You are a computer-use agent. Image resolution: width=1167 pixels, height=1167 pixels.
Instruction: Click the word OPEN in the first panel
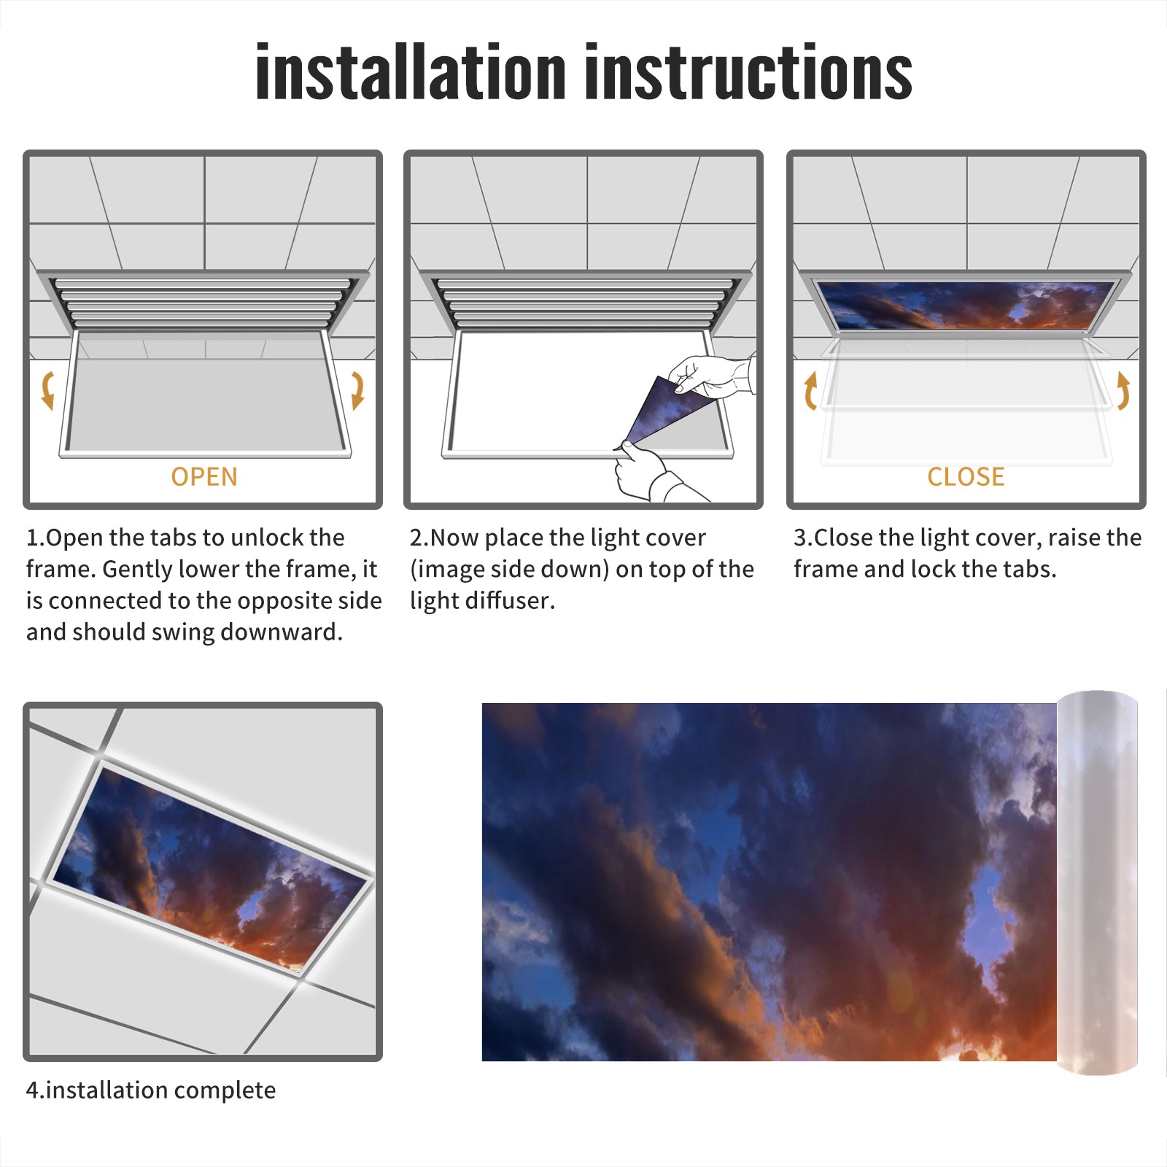[204, 476]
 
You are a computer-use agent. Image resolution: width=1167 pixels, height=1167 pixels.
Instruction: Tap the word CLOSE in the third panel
[966, 476]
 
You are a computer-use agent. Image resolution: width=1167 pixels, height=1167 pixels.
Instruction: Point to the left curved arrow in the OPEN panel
[48, 390]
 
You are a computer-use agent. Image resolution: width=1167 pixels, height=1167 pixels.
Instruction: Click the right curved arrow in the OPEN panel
[357, 390]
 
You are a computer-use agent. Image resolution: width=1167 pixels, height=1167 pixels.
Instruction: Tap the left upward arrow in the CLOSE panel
[810, 390]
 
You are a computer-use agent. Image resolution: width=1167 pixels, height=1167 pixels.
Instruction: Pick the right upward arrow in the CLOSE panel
[1123, 390]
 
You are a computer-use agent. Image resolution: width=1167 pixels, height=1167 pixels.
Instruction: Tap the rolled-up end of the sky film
[1097, 883]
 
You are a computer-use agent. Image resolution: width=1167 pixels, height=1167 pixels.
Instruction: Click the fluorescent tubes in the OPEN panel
[204, 303]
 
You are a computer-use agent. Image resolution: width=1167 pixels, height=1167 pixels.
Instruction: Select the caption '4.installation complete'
[151, 1090]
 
